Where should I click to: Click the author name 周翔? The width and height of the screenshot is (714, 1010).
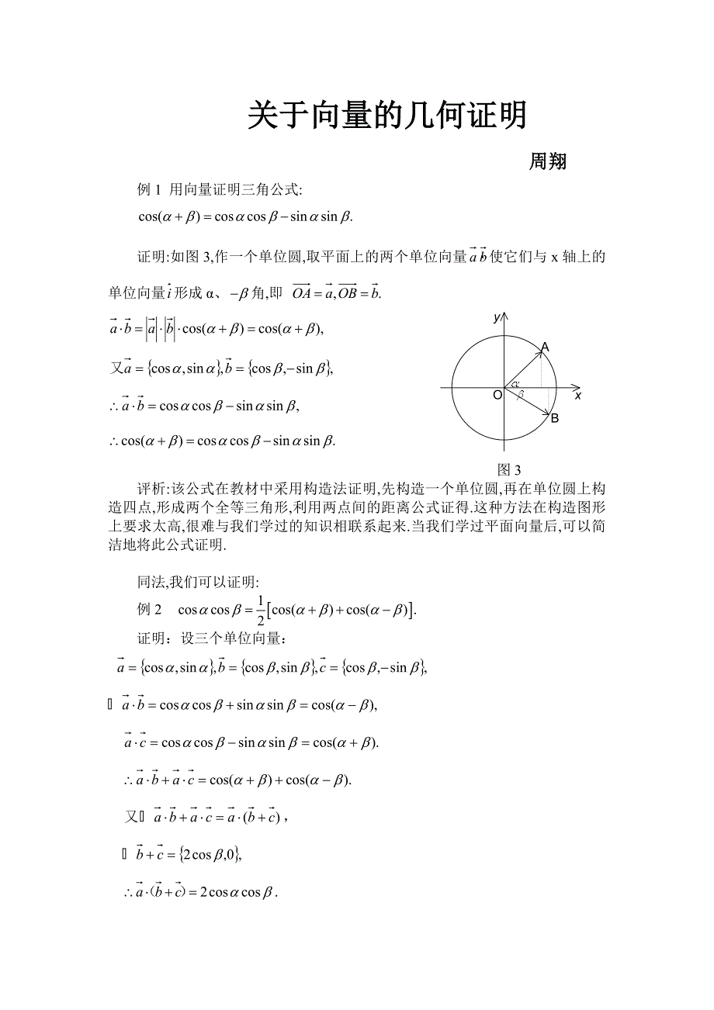pyautogui.click(x=547, y=161)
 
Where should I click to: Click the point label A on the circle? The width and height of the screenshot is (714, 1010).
pyautogui.click(x=545, y=347)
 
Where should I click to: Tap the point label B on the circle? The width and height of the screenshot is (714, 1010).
pyautogui.click(x=554, y=419)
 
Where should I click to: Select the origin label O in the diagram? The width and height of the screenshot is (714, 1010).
pyautogui.click(x=497, y=396)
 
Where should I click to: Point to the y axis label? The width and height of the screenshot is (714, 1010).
pyautogui.click(x=495, y=317)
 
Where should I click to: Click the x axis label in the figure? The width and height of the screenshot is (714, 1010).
pyautogui.click(x=578, y=396)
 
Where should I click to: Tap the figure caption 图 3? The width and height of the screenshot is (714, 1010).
pyautogui.click(x=508, y=470)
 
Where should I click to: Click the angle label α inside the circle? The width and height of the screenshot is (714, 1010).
pyautogui.click(x=515, y=383)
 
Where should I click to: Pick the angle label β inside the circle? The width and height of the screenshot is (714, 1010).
pyautogui.click(x=522, y=395)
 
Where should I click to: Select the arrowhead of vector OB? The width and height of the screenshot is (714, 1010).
pyautogui.click(x=547, y=412)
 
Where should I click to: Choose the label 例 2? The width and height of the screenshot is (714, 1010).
pyautogui.click(x=148, y=609)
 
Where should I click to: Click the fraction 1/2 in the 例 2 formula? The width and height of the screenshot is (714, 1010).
pyautogui.click(x=260, y=609)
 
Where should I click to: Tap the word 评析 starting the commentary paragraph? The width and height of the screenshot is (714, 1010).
pyautogui.click(x=151, y=489)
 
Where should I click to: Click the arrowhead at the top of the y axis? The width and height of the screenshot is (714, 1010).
pyautogui.click(x=504, y=316)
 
